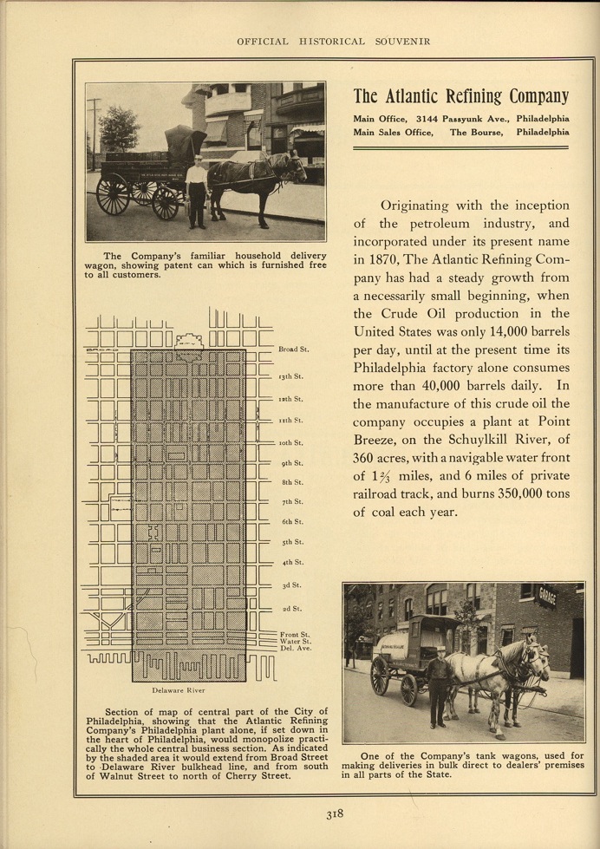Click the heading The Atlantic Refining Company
coord(461,96)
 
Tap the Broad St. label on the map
coord(294,349)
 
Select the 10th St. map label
coord(290,442)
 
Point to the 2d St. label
coord(291,609)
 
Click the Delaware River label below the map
coord(177,690)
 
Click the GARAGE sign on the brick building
coord(547,598)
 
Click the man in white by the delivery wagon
coord(198,191)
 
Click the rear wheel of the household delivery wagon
coord(113,193)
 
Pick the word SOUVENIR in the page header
coord(394,42)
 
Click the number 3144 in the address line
coord(431,117)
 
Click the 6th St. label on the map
coord(291,522)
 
